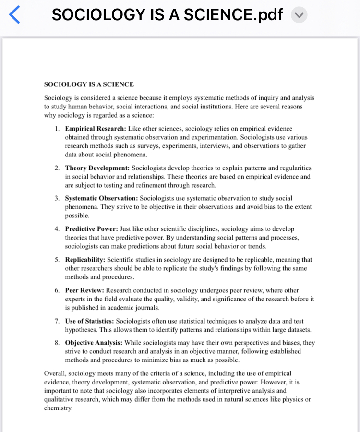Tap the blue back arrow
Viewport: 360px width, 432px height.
pos(15,15)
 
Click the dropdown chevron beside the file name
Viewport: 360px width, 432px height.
pos(299,15)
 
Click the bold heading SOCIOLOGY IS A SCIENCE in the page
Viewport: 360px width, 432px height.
pos(89,84)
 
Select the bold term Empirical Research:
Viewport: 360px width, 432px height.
pos(96,129)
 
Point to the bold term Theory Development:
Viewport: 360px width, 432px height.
pos(97,168)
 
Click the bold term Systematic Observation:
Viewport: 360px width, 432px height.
pos(101,198)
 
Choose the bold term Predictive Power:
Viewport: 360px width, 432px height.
pos(92,229)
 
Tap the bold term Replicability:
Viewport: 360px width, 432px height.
pos(85,260)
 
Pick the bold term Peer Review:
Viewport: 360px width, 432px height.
pos(84,290)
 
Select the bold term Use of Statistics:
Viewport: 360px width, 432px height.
pos(90,321)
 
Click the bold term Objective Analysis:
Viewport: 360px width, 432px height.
pos(94,343)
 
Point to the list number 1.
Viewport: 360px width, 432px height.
pos(57,129)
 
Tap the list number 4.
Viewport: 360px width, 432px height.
pos(57,229)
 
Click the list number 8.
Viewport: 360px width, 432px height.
pos(57,343)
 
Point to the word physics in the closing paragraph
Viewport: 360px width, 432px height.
pos(292,399)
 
